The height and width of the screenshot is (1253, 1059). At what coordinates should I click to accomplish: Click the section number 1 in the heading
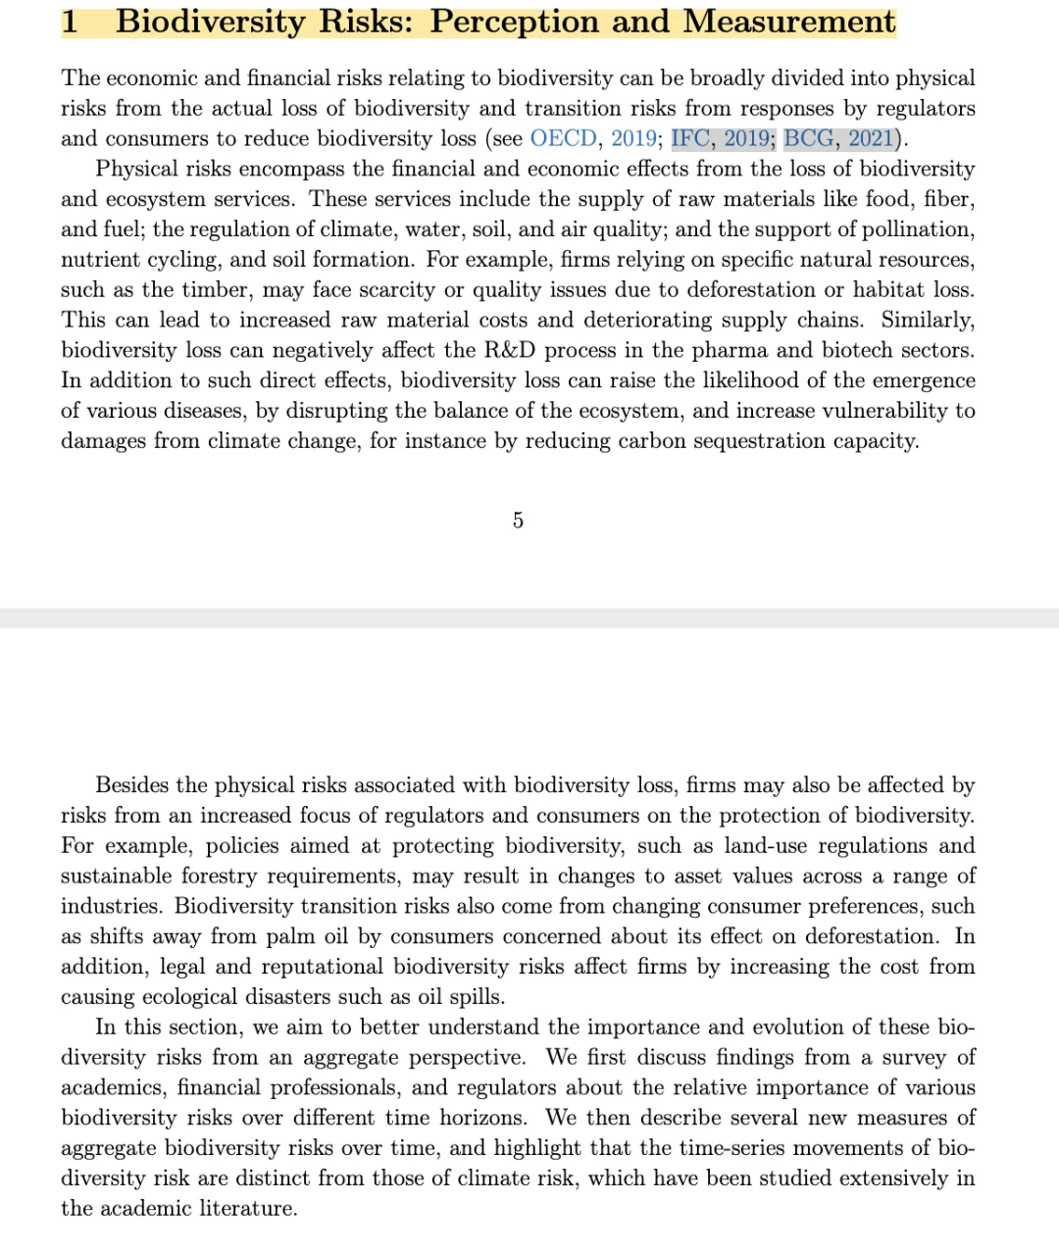[70, 22]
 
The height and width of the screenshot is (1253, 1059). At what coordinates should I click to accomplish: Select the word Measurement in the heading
[788, 22]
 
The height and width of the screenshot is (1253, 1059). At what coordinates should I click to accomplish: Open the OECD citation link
[563, 138]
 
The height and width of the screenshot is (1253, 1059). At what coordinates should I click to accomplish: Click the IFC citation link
[692, 138]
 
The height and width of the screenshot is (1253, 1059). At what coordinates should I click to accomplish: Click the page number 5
[518, 521]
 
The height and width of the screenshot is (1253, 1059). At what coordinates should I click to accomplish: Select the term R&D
[510, 350]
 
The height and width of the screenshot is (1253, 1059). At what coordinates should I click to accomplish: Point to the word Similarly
[928, 321]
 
